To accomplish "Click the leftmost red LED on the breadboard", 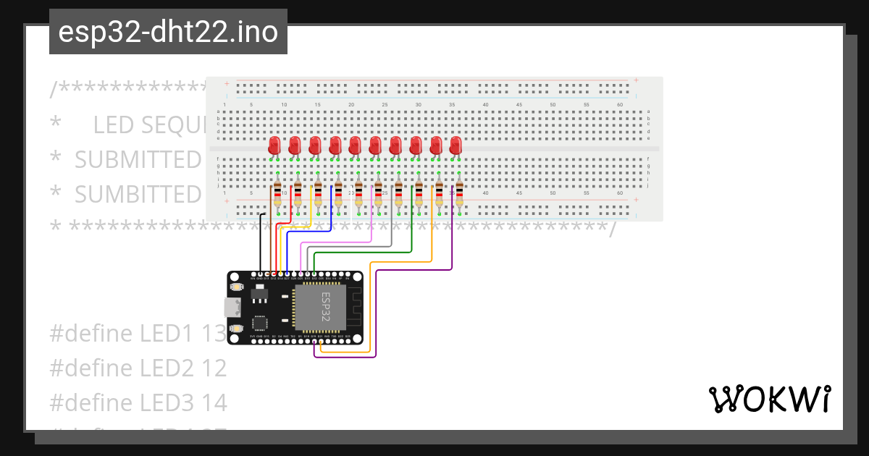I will point(274,145).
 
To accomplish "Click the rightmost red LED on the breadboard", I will point(456,145).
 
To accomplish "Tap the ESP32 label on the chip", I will point(325,307).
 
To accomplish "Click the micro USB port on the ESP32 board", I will point(233,308).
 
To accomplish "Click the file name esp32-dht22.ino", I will point(168,32).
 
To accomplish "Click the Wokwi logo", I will point(768,399).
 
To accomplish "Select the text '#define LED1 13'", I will point(138,334).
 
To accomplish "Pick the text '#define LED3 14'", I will point(138,402).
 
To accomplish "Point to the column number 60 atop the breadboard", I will point(620,105).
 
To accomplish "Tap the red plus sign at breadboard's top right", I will point(636,80).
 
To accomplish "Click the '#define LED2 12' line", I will point(138,368).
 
